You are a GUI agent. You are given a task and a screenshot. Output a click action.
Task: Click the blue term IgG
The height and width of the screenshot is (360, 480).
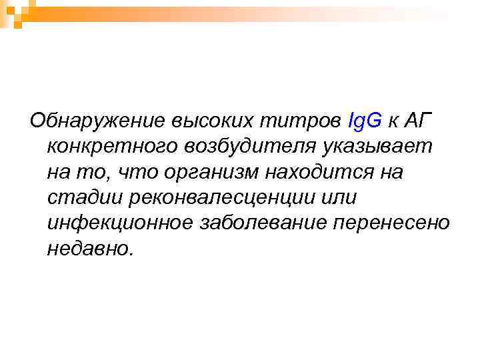365,121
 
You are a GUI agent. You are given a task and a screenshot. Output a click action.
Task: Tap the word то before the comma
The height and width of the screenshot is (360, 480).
95,172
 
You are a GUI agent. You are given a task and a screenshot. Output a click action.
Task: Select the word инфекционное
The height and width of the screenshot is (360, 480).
120,223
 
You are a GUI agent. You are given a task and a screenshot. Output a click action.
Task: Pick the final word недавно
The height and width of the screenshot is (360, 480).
91,248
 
